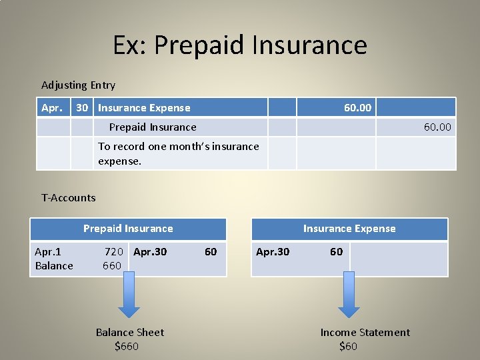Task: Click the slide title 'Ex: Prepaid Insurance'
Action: click(x=240, y=45)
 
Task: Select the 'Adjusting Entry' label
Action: click(x=79, y=85)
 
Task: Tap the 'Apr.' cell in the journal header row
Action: click(x=52, y=108)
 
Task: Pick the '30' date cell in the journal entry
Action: click(x=82, y=108)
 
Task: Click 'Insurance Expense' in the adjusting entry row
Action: click(x=144, y=108)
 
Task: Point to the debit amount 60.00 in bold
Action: click(x=357, y=108)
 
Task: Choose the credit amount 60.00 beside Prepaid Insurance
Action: click(x=437, y=127)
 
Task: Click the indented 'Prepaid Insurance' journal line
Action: click(x=153, y=127)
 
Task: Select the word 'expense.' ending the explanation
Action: click(x=120, y=161)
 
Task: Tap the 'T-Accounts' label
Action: click(x=69, y=198)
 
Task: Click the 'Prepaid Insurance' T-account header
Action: click(x=128, y=229)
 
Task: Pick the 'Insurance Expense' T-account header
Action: click(x=349, y=229)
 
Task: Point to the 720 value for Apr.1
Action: click(x=114, y=251)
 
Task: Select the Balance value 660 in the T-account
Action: click(x=112, y=266)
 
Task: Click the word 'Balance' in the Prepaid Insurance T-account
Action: click(x=54, y=266)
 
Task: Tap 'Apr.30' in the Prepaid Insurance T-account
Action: click(x=150, y=252)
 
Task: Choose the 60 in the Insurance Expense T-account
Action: click(x=337, y=251)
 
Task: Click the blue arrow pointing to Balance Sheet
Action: click(x=129, y=295)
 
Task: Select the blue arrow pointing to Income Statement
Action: click(x=349, y=295)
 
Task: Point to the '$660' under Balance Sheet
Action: click(x=127, y=346)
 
